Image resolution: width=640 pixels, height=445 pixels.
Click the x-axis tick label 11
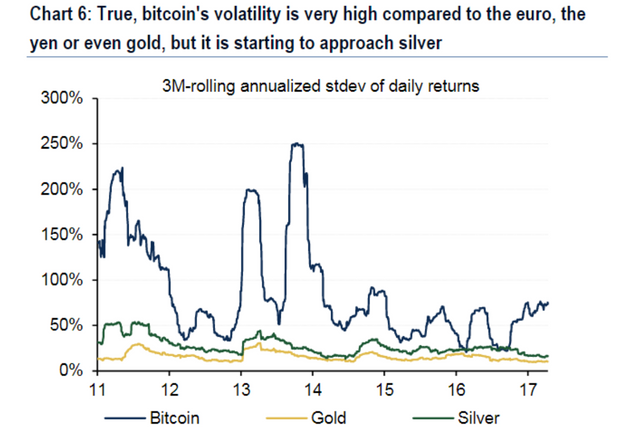click(x=100, y=389)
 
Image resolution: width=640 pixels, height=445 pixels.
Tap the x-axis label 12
click(x=171, y=389)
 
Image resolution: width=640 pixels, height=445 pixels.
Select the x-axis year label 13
click(x=243, y=389)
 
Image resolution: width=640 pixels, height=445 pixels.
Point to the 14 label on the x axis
click(x=314, y=389)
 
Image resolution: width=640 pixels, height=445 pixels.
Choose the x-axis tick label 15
click(x=385, y=389)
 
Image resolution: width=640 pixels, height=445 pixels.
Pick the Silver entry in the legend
click(x=476, y=417)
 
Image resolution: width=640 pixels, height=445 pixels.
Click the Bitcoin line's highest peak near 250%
click(x=297, y=144)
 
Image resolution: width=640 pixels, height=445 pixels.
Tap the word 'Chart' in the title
click(x=29, y=16)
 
